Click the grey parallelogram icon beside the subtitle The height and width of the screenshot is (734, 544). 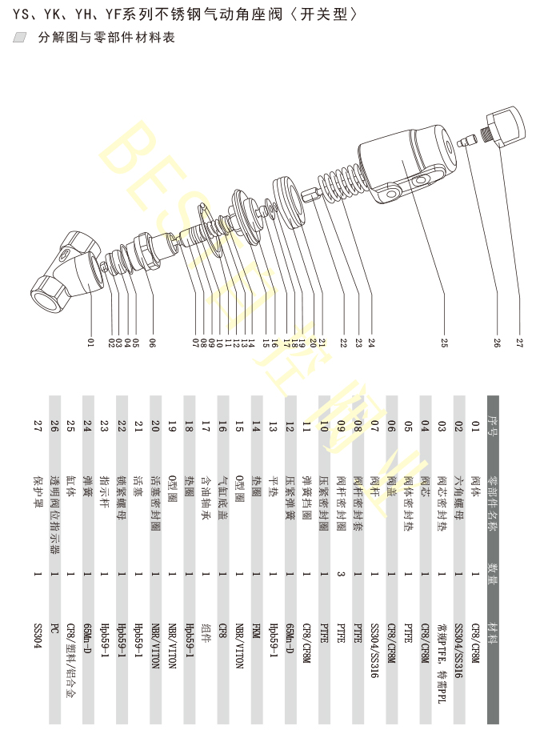point(21,37)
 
